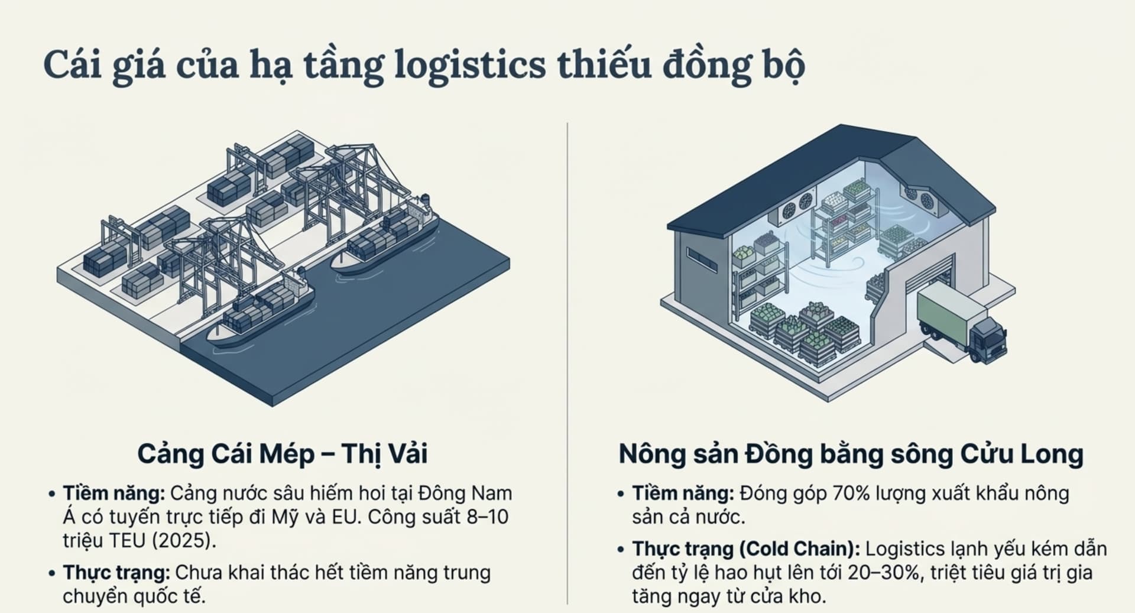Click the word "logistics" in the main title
(469, 65)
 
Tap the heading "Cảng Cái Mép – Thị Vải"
(282, 454)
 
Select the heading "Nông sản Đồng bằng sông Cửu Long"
(851, 454)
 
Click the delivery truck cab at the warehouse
(989, 340)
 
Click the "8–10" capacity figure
(487, 517)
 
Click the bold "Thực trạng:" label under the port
(116, 572)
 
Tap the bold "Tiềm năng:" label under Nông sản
(683, 493)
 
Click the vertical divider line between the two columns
(567, 355)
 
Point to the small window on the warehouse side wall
(702, 260)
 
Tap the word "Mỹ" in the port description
(285, 517)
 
